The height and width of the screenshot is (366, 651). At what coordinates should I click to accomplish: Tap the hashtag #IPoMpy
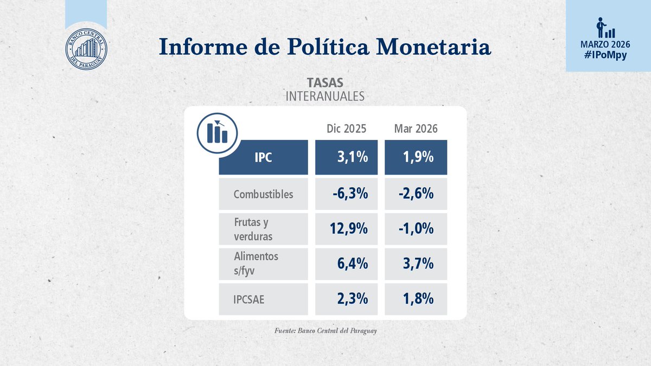click(x=608, y=55)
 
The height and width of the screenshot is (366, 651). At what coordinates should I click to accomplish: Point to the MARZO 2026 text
click(x=608, y=45)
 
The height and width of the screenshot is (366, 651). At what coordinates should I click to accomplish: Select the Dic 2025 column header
click(x=346, y=129)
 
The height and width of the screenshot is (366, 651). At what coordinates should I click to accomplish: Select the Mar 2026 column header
click(x=416, y=129)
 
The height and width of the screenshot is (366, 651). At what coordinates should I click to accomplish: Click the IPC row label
click(x=263, y=158)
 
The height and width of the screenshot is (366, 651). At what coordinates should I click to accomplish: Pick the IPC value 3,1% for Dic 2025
click(x=352, y=158)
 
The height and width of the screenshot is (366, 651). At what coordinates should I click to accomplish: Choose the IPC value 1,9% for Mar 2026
click(x=418, y=158)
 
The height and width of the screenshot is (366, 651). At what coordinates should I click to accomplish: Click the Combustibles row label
click(x=263, y=194)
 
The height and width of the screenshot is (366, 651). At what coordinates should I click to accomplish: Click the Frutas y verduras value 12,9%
click(x=349, y=229)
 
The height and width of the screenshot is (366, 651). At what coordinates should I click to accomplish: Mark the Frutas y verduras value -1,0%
click(x=415, y=229)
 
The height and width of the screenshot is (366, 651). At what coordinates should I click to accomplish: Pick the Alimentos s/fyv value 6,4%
click(x=352, y=264)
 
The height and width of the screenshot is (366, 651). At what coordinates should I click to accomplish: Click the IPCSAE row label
click(x=249, y=299)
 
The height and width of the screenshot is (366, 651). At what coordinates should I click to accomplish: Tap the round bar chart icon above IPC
click(x=218, y=131)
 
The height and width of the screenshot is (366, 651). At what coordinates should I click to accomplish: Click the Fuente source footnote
click(x=325, y=331)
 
